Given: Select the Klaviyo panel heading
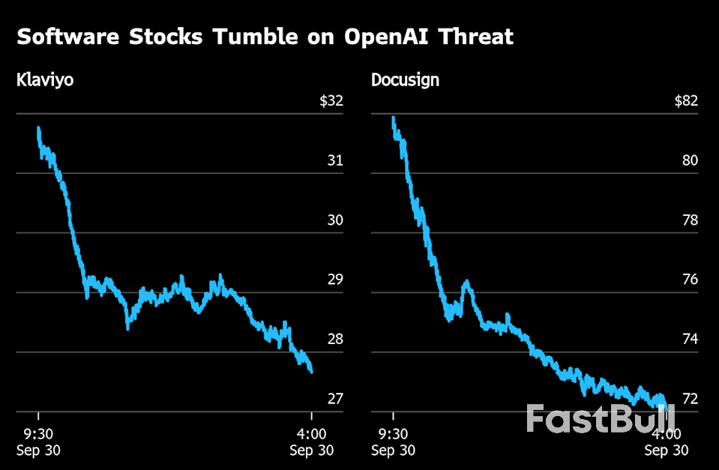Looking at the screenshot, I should (45, 80).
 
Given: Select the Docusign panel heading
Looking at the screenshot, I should (405, 80).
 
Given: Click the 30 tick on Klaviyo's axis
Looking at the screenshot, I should (334, 220).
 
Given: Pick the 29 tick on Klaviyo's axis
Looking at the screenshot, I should (334, 280).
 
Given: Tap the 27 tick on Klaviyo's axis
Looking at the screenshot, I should (334, 399).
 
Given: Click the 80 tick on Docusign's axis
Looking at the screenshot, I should (690, 160).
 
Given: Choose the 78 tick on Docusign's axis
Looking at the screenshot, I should (690, 220).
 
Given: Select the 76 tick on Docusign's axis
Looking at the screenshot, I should (690, 280).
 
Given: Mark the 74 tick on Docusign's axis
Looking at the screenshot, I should (690, 339).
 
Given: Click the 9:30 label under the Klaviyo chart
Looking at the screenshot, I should (38, 434).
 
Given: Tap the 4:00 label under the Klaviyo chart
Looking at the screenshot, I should (312, 434).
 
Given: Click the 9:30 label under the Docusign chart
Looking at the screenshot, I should (394, 434).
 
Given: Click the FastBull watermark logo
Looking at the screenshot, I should (600, 418).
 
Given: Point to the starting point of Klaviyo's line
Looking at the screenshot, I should (38, 129).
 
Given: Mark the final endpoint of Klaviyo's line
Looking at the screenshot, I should (311, 371).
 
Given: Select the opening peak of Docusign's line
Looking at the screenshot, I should (394, 118).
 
